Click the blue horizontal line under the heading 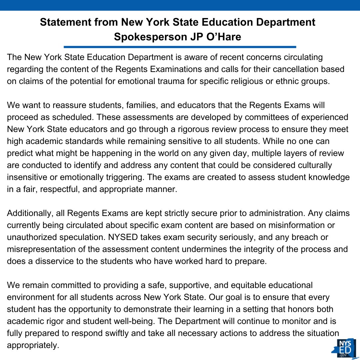click(x=180, y=47)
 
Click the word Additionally click(x=28, y=213)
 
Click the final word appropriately click(x=32, y=345)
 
